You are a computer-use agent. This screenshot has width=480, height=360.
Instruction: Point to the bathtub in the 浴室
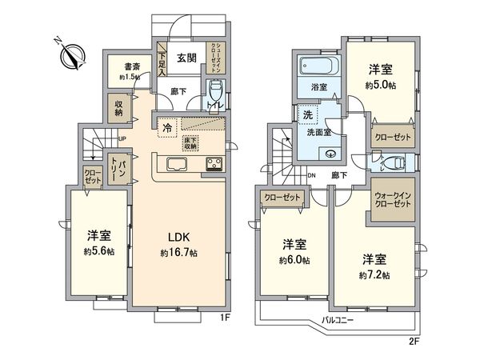[319, 66]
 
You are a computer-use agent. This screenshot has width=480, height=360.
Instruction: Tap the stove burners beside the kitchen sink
[216, 166]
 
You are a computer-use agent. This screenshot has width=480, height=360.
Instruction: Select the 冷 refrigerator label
[167, 128]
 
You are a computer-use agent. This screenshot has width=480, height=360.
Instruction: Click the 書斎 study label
[122, 68]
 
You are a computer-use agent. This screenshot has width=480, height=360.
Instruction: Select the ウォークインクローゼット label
[392, 198]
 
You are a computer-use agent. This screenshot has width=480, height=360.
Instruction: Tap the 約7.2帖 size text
[374, 274]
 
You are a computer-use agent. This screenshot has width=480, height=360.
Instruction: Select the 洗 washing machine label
[307, 115]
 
